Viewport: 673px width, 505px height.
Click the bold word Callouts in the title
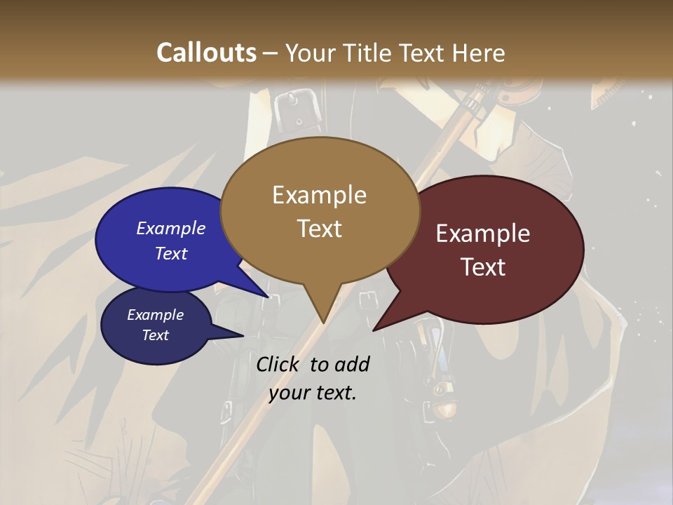tap(206, 53)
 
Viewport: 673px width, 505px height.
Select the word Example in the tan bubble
tap(319, 195)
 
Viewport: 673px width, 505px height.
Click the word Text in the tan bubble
tap(319, 229)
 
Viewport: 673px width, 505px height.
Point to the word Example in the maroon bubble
tap(483, 234)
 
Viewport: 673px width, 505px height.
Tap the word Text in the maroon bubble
tap(483, 267)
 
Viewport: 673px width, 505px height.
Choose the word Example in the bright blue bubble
tap(171, 228)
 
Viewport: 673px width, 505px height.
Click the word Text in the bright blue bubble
tap(171, 253)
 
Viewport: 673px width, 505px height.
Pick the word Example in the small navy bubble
tap(155, 315)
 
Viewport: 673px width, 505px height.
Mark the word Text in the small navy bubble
tap(155, 335)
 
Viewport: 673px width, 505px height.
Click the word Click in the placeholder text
tap(278, 364)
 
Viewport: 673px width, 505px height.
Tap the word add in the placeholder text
tap(353, 364)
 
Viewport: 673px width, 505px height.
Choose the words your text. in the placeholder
tap(313, 393)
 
